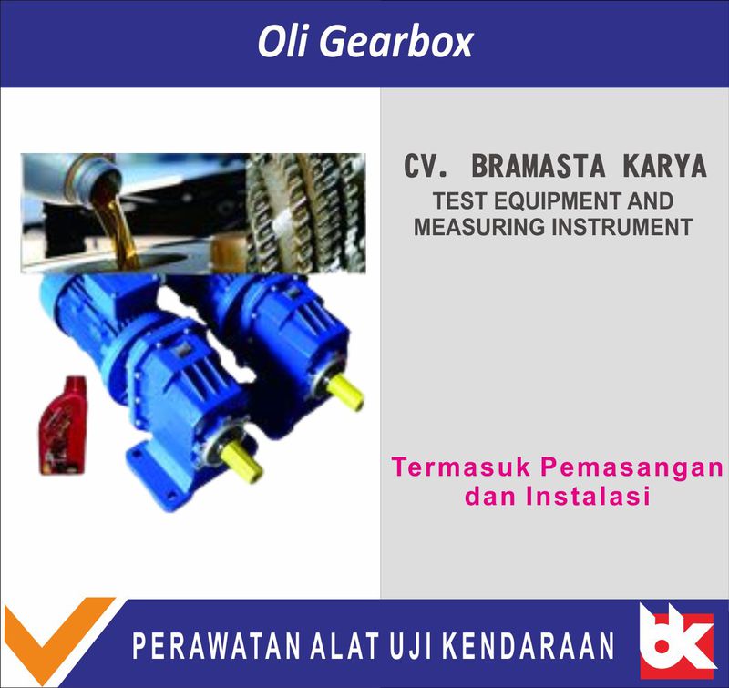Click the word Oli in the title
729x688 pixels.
tap(282, 43)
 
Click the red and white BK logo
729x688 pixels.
tap(675, 642)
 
